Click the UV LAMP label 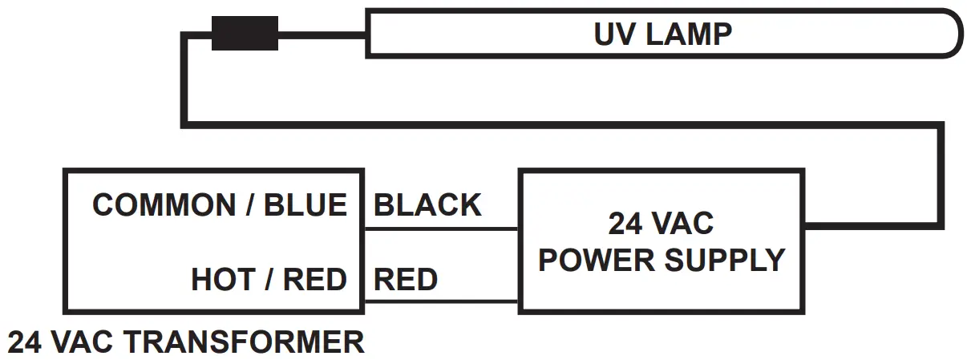(x=662, y=34)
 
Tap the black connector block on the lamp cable (x=245, y=34)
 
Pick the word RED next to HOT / (x=314, y=280)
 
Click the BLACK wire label (x=427, y=205)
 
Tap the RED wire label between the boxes (x=406, y=280)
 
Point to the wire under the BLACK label (x=441, y=229)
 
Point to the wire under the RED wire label (x=441, y=302)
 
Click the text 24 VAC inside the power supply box (x=661, y=224)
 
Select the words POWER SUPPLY (x=661, y=260)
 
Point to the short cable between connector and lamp (x=322, y=34)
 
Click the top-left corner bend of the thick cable (x=185, y=35)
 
